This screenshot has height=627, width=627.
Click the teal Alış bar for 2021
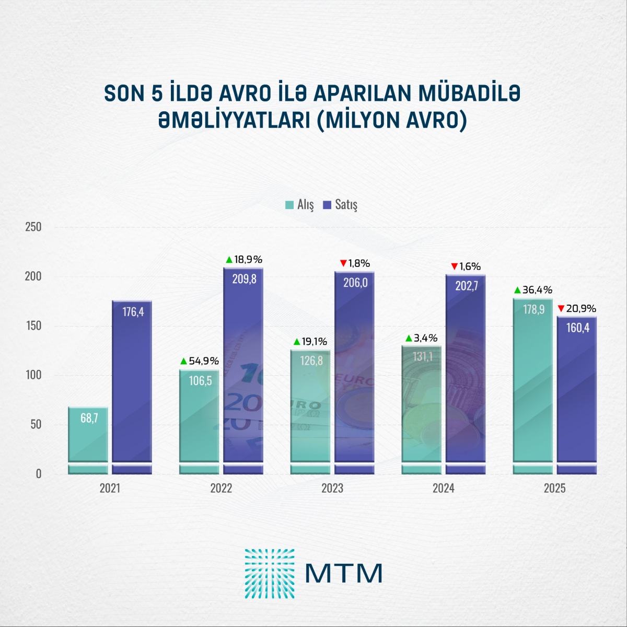[88, 440]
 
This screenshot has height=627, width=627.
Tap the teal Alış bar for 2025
[532, 387]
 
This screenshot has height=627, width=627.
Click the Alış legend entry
[300, 205]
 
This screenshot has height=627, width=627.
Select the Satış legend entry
[340, 205]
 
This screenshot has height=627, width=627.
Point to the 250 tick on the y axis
[33, 227]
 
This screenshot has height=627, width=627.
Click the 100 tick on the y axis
[33, 375]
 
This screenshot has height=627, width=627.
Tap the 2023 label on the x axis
[332, 489]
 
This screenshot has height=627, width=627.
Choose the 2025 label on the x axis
[554, 489]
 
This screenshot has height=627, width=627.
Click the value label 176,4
[133, 312]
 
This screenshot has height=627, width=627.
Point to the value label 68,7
[89, 418]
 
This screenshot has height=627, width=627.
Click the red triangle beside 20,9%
[561, 309]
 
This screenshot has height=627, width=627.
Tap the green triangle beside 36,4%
[517, 291]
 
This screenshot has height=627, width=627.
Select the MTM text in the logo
[344, 574]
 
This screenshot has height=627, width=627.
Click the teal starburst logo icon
[270, 574]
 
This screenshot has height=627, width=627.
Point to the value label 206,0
[355, 283]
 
